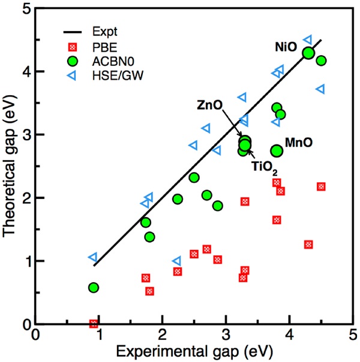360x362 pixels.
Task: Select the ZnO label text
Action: (x=210, y=105)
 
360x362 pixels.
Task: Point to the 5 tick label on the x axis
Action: (x=353, y=334)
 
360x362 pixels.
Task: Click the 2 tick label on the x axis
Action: (x=162, y=334)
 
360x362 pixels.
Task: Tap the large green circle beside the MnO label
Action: (x=277, y=151)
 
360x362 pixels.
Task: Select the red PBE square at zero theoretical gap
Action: (x=94, y=324)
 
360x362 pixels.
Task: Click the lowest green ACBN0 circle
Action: (x=94, y=288)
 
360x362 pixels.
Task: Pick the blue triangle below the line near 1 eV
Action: (x=176, y=261)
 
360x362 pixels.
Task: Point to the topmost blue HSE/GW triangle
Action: (x=308, y=40)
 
